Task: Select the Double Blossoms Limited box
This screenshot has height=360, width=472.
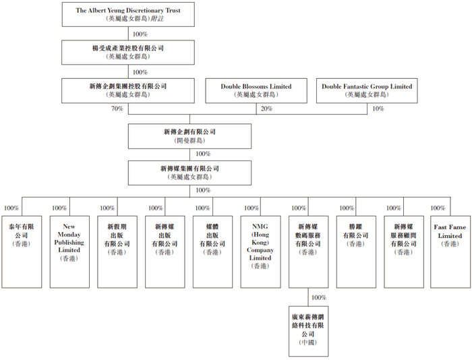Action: point(256,90)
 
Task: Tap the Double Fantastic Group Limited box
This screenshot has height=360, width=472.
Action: point(366,90)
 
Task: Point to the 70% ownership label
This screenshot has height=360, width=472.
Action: point(117,109)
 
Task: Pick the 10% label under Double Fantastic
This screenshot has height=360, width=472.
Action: point(378,109)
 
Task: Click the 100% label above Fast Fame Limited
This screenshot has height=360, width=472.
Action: point(439,208)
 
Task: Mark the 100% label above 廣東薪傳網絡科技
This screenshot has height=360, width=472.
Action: point(319,297)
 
